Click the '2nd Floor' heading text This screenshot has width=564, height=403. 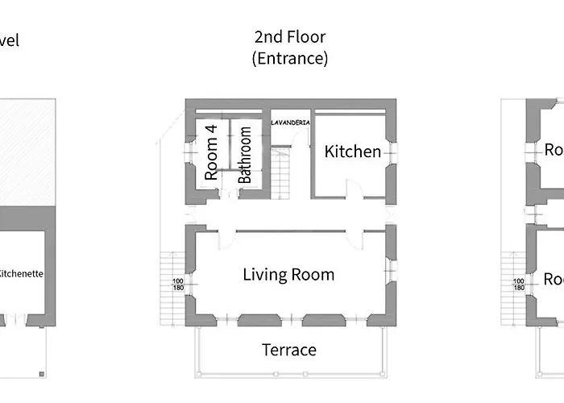click(x=289, y=37)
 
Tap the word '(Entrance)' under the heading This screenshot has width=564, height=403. click(x=289, y=58)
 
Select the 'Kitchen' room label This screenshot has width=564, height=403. click(x=352, y=152)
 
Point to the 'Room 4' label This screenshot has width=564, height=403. click(x=212, y=158)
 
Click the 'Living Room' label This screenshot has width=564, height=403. click(x=288, y=275)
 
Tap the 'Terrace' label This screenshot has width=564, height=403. click(x=288, y=350)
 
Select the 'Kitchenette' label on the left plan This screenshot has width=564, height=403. click(x=21, y=274)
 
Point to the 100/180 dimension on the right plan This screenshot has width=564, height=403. click(x=519, y=285)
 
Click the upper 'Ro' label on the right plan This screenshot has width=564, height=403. click(x=553, y=150)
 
